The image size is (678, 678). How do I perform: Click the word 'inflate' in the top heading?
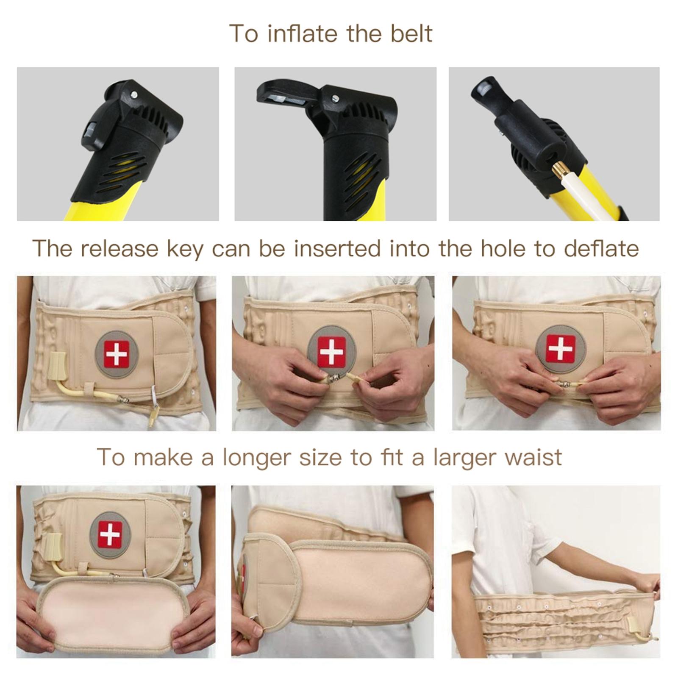(305, 33)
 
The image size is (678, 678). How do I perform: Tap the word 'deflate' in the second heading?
(601, 248)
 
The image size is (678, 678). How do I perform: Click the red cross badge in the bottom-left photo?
(110, 533)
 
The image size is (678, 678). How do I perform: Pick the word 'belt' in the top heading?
(411, 33)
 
